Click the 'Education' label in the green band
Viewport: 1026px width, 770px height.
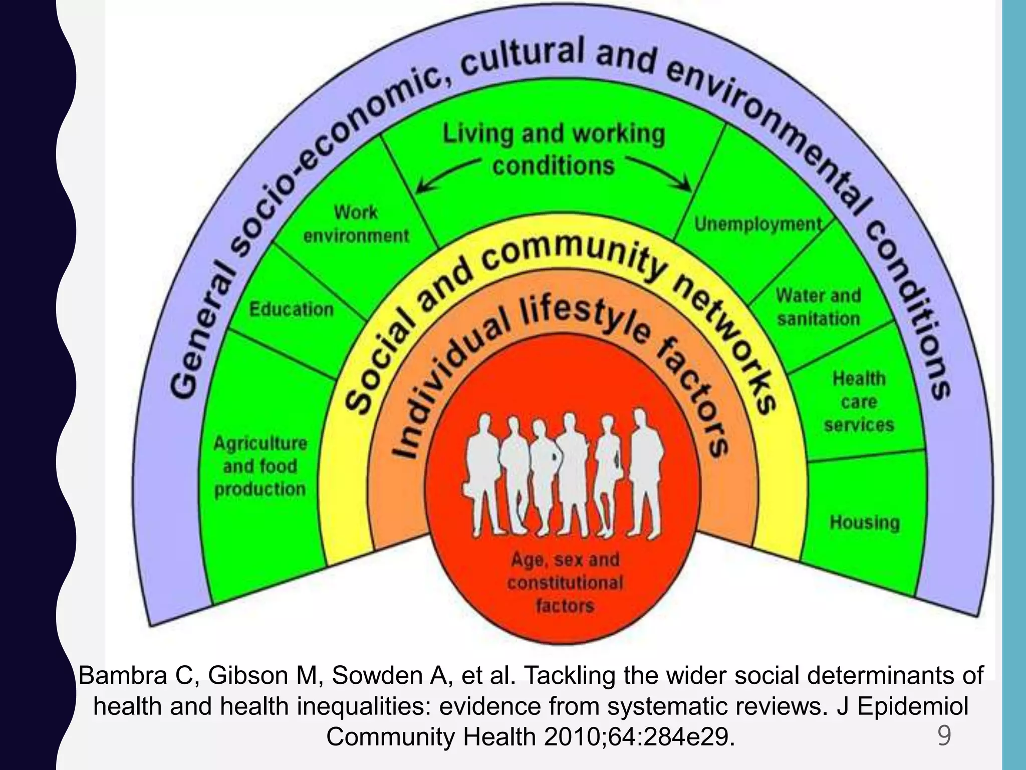(x=292, y=309)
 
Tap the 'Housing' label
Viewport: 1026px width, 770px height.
(x=865, y=522)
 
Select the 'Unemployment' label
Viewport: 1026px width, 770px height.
(x=758, y=224)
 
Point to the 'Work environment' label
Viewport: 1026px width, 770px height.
(x=356, y=224)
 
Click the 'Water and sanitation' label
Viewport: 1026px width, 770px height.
(x=819, y=307)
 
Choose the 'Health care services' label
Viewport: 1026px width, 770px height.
(x=859, y=402)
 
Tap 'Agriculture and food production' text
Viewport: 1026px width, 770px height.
(x=260, y=466)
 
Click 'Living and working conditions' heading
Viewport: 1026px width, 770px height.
(x=554, y=150)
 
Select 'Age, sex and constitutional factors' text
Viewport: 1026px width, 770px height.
(x=565, y=583)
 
